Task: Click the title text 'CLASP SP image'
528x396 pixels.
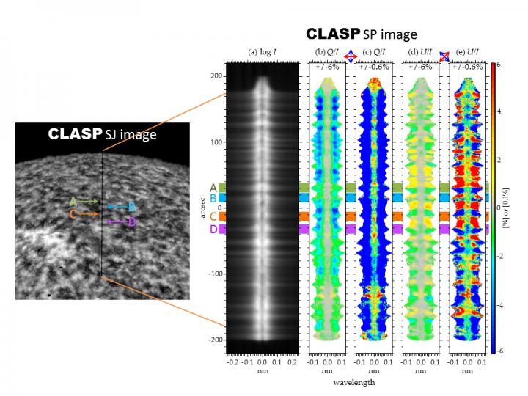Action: point(361,34)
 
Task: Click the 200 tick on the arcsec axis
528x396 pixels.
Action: point(218,76)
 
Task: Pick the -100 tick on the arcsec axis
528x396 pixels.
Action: point(216,274)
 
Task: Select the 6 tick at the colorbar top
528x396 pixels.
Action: point(498,65)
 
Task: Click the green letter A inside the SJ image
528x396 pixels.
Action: point(73,201)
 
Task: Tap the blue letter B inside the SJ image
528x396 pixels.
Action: point(131,207)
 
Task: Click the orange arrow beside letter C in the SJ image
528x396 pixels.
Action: point(87,214)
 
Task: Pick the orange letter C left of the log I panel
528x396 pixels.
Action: point(213,216)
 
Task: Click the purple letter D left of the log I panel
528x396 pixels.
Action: point(213,230)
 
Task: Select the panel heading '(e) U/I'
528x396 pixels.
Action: point(469,51)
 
